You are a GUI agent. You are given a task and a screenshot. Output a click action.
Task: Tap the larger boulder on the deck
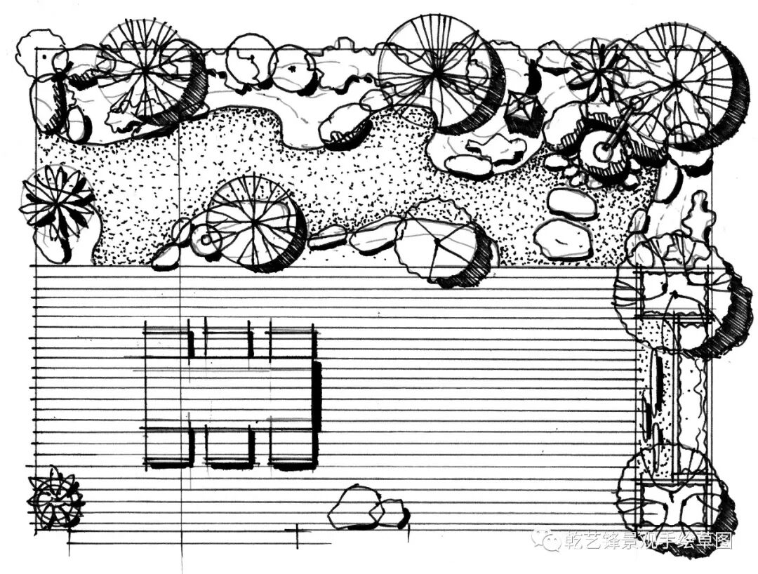tap(357, 507)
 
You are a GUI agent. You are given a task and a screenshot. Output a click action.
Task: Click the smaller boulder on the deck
tap(392, 513)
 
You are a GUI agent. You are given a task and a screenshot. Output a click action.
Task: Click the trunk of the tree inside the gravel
tap(254, 222)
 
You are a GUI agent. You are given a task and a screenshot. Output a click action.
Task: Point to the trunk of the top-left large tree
tap(146, 68)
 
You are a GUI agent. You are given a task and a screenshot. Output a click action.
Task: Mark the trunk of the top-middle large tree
tap(439, 69)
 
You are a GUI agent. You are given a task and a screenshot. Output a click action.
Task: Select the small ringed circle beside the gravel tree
tap(206, 240)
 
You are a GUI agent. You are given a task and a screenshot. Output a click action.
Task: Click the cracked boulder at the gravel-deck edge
tap(435, 246)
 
